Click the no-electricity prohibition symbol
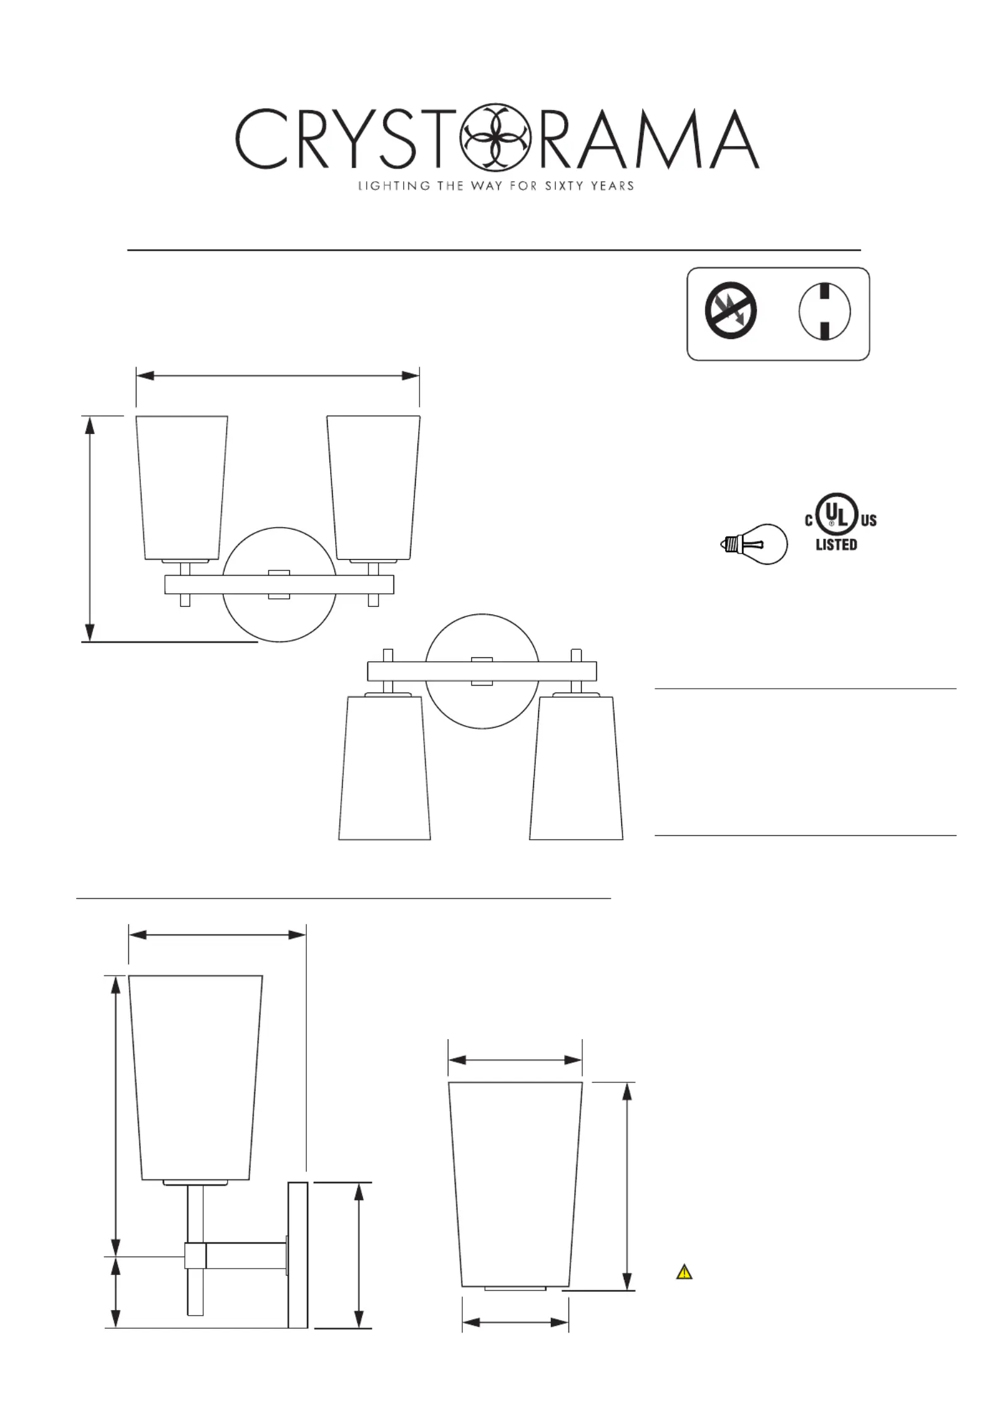coord(730,311)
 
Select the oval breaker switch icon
coord(824,311)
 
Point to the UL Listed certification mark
coord(841,522)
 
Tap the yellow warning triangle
coord(684,1273)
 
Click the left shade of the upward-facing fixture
coord(182,487)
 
